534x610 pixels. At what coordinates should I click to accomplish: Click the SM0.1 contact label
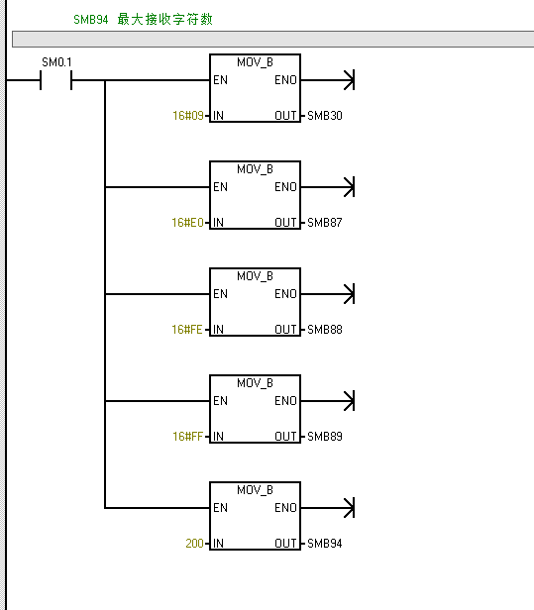56,62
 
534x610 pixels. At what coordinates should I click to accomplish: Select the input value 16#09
188,116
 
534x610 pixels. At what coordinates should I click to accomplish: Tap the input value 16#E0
187,223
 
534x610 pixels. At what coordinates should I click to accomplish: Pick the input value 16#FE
187,330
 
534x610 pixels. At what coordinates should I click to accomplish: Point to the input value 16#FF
187,437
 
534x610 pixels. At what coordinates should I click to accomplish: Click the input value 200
194,543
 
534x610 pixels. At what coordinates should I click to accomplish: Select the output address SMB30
325,116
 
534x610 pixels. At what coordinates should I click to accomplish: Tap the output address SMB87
325,223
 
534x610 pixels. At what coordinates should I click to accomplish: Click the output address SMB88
325,330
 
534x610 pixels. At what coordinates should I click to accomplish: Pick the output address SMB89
325,437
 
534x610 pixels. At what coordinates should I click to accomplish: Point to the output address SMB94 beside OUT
325,543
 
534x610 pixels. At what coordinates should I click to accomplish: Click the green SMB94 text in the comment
91,20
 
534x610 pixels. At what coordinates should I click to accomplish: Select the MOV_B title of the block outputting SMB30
255,62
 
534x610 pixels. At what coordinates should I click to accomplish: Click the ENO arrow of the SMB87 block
328,187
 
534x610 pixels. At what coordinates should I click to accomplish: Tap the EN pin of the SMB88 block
220,294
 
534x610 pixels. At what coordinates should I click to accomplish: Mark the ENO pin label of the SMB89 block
285,401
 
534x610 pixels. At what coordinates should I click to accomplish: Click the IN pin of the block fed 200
218,543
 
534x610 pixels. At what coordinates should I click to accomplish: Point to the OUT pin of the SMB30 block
285,116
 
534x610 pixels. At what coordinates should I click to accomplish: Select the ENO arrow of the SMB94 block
328,508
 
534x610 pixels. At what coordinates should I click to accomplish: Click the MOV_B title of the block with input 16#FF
255,383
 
